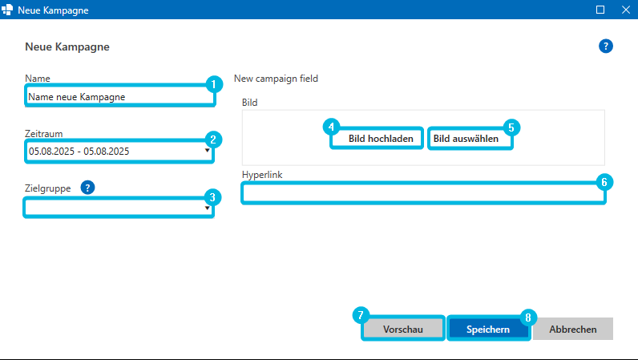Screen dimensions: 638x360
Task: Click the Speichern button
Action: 488,329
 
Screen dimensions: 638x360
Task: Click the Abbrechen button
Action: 573,329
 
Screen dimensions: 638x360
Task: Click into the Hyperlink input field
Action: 423,193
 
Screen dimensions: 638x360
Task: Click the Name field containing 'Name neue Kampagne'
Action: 119,96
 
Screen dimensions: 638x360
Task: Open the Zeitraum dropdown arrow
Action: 207,151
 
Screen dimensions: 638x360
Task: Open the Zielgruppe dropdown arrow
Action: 207,208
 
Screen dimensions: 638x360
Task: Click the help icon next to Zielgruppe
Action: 87,188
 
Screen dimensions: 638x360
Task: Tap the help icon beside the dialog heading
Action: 605,46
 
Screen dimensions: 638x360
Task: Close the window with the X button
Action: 626,10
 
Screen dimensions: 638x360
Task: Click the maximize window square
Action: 600,10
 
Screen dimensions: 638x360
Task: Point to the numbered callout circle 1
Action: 214,85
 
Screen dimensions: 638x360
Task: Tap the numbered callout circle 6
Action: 604,182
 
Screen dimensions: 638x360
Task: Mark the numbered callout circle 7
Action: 361,315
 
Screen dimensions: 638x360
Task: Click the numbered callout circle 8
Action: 528,318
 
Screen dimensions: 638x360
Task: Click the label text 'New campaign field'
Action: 276,79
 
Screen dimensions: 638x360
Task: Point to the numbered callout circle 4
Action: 331,127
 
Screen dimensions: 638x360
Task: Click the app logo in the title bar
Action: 7,10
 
